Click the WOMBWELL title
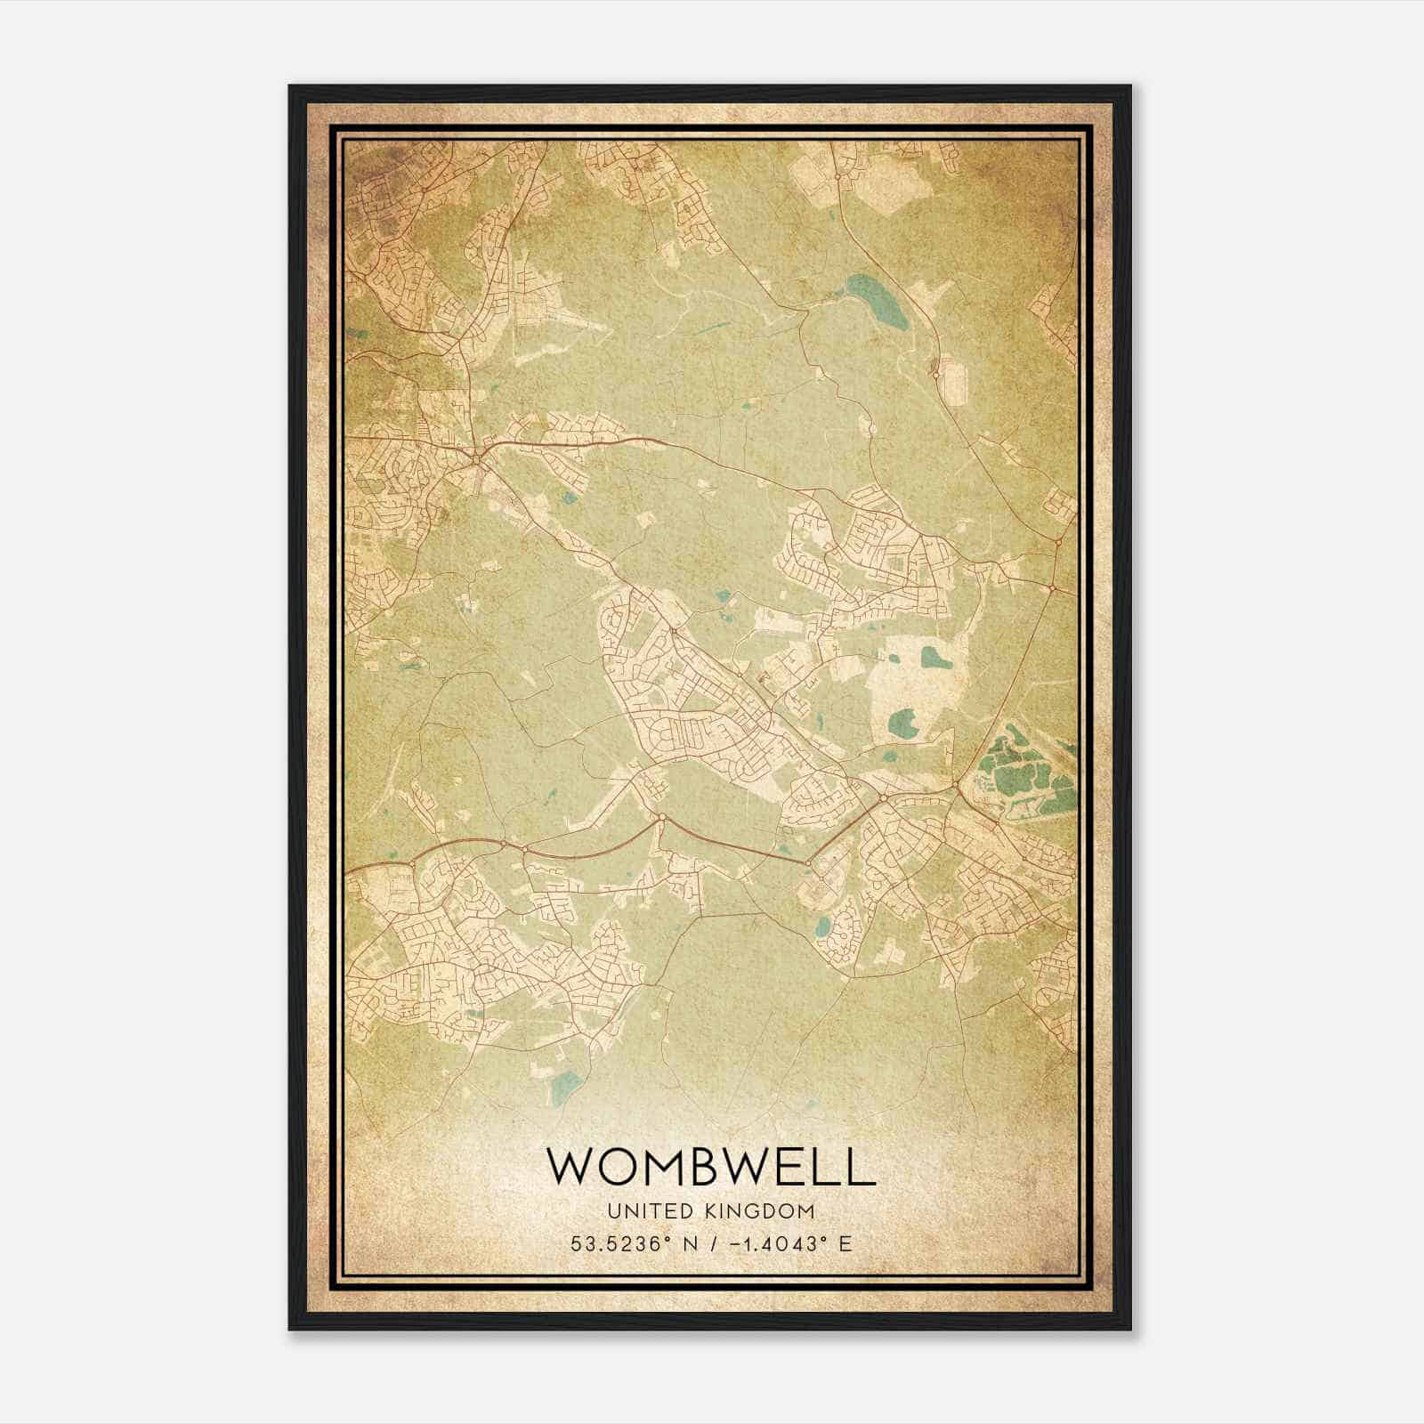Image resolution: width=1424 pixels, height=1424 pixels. (x=710, y=1166)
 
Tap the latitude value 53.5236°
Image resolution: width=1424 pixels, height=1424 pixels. (x=616, y=1243)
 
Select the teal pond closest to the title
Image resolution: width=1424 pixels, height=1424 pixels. (x=562, y=1085)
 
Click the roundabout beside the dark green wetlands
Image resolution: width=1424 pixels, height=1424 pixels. (x=956, y=786)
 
